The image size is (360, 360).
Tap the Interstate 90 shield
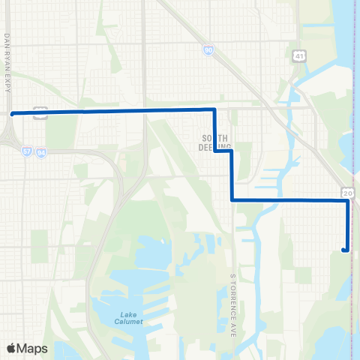click(x=206, y=50)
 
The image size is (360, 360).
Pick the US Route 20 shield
click(x=348, y=193)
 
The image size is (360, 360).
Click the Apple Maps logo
click(x=26, y=349)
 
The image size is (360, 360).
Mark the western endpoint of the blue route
click(x=12, y=114)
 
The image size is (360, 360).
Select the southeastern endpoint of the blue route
click(x=343, y=250)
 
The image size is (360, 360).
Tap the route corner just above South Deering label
click(x=215, y=110)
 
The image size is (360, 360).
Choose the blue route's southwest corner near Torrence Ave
click(x=231, y=200)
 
